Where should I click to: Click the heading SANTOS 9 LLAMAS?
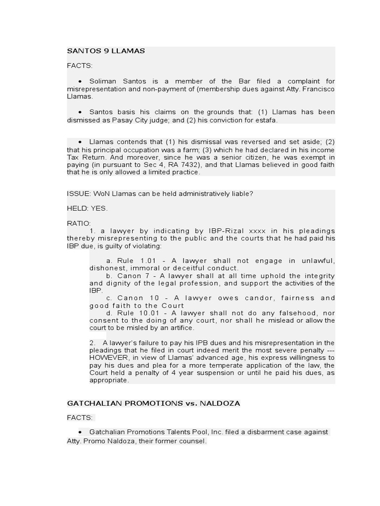(106, 51)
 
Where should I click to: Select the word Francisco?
(318, 88)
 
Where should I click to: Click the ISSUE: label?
(79, 194)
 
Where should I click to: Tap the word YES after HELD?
(99, 209)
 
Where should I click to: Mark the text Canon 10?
(137, 298)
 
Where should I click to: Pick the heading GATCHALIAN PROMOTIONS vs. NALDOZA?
(153, 403)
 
